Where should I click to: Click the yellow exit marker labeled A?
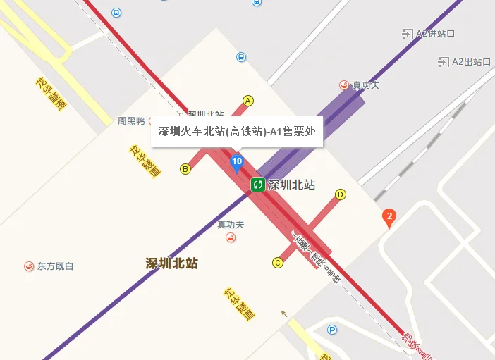click(248, 101)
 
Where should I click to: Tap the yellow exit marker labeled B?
click(185, 168)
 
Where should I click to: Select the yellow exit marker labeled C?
click(277, 263)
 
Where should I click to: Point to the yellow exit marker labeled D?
click(341, 194)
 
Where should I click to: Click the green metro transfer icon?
click(257, 185)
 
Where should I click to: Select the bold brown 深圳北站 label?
click(171, 263)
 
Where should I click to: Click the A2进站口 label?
click(435, 33)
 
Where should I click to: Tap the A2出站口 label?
click(471, 61)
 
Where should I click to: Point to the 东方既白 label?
click(55, 266)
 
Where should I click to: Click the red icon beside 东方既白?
click(28, 266)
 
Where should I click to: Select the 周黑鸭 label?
click(130, 120)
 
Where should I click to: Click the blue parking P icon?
click(331, 329)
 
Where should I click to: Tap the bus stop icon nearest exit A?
click(241, 57)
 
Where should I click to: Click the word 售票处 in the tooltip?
click(300, 130)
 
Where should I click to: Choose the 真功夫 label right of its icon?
click(366, 85)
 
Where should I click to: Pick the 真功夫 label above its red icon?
click(231, 225)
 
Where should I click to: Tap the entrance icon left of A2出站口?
click(444, 61)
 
